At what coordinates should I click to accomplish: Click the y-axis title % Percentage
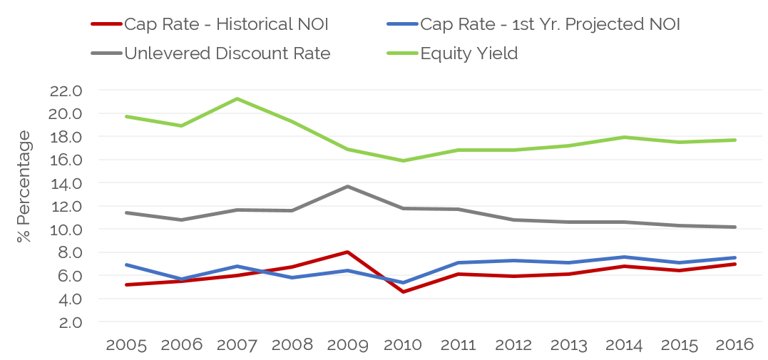25,186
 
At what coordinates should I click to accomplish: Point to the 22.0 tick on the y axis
66,91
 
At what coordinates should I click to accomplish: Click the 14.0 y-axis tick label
66,183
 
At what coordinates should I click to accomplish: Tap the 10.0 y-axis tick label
66,230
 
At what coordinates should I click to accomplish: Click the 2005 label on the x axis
126,345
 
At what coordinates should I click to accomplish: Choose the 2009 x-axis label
347,345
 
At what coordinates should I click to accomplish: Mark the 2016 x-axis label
734,345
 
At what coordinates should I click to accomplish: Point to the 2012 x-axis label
513,345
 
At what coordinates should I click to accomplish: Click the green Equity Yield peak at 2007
237,98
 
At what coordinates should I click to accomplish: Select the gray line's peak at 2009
347,186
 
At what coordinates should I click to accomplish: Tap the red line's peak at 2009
347,252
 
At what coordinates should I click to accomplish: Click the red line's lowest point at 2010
403,292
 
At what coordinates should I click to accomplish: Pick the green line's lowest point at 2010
403,160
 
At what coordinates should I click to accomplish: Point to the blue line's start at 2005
126,264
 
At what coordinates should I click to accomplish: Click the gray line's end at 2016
734,227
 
